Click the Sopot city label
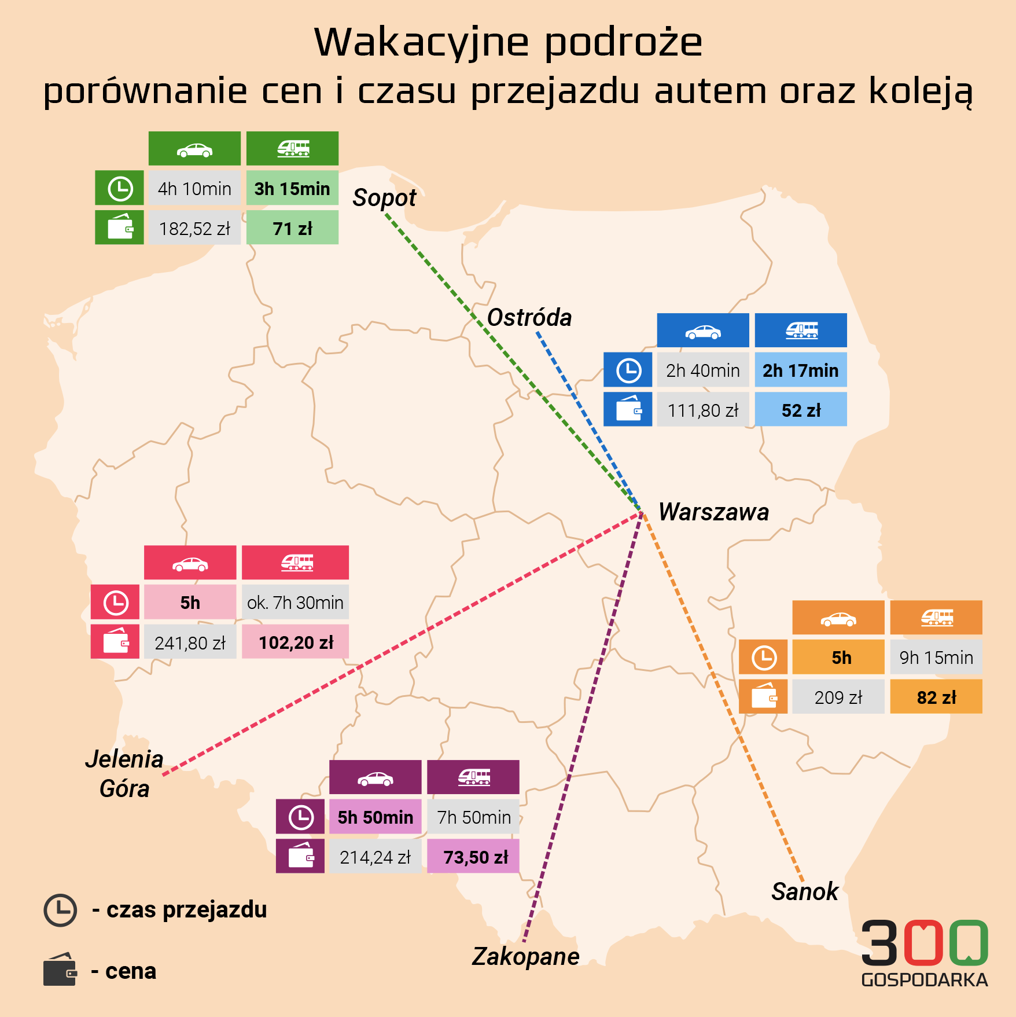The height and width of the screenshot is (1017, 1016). [x=384, y=198]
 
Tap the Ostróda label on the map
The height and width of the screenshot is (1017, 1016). [x=529, y=318]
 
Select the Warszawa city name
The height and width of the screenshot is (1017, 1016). [x=713, y=512]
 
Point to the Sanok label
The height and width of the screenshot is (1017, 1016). [x=804, y=891]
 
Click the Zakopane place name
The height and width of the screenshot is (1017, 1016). [x=525, y=956]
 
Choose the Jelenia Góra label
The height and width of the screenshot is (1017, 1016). [x=124, y=774]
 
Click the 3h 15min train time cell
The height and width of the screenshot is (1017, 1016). [x=292, y=188]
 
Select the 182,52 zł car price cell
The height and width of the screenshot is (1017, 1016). [x=194, y=229]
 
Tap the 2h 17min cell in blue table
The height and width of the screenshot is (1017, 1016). [x=800, y=370]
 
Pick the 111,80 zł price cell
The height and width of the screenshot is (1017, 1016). [x=702, y=410]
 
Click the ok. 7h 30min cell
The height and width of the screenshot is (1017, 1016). [x=295, y=603]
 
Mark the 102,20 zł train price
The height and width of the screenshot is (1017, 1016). [x=295, y=642]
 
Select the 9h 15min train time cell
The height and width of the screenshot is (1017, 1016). [x=936, y=658]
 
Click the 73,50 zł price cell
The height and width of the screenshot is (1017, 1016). [x=473, y=857]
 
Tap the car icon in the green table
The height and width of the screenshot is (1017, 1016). [x=194, y=150]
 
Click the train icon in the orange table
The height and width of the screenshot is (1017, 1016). [x=936, y=618]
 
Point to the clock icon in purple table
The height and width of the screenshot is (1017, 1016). [x=300, y=817]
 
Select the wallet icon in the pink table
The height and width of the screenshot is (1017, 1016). [x=115, y=642]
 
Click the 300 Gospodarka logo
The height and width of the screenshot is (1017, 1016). [x=924, y=953]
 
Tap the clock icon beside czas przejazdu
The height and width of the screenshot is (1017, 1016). [x=60, y=910]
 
